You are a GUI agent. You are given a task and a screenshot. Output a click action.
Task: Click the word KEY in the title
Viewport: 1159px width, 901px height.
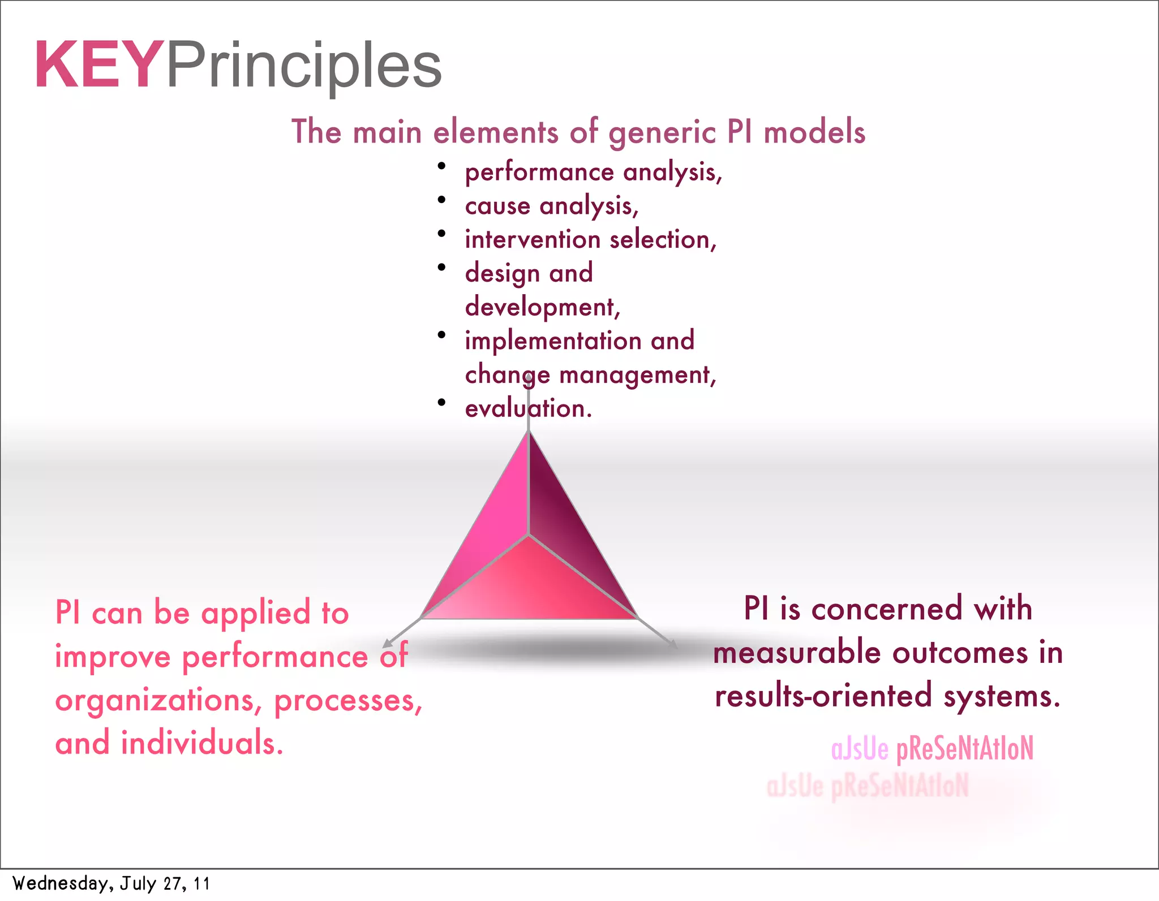97,65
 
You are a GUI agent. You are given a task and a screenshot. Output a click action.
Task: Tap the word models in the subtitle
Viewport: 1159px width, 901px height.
814,132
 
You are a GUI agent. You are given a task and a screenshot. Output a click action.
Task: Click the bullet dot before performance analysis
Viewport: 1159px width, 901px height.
441,166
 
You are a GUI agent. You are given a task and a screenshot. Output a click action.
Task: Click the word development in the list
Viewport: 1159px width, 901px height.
540,307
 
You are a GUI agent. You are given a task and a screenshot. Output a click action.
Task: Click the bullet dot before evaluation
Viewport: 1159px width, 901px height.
441,402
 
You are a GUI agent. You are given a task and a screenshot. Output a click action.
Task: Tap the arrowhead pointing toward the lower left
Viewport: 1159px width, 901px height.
387,644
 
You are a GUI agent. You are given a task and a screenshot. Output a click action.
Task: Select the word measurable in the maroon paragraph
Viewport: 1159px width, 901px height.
797,653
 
